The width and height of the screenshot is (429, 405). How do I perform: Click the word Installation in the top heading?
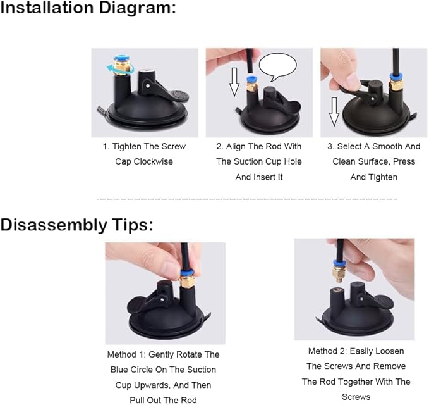pyautogui.click(x=47, y=8)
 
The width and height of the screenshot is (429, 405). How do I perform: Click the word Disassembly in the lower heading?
pyautogui.click(x=53, y=225)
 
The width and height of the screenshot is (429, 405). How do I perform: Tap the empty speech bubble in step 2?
pyautogui.click(x=277, y=66)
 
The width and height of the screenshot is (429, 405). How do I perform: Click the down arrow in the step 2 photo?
pyautogui.click(x=234, y=82)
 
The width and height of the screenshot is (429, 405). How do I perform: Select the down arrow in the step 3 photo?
pyautogui.click(x=334, y=111)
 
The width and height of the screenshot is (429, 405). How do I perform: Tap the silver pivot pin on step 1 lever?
pyautogui.click(x=148, y=86)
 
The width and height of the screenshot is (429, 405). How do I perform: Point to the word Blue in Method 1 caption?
pyautogui.click(x=119, y=370)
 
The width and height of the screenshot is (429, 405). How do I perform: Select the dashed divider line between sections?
pyautogui.click(x=247, y=199)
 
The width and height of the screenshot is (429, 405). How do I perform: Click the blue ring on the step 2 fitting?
pyautogui.click(x=251, y=80)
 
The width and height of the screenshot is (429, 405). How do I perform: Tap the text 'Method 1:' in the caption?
pyautogui.click(x=126, y=354)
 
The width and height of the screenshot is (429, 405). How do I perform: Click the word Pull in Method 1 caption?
pyautogui.click(x=137, y=400)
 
